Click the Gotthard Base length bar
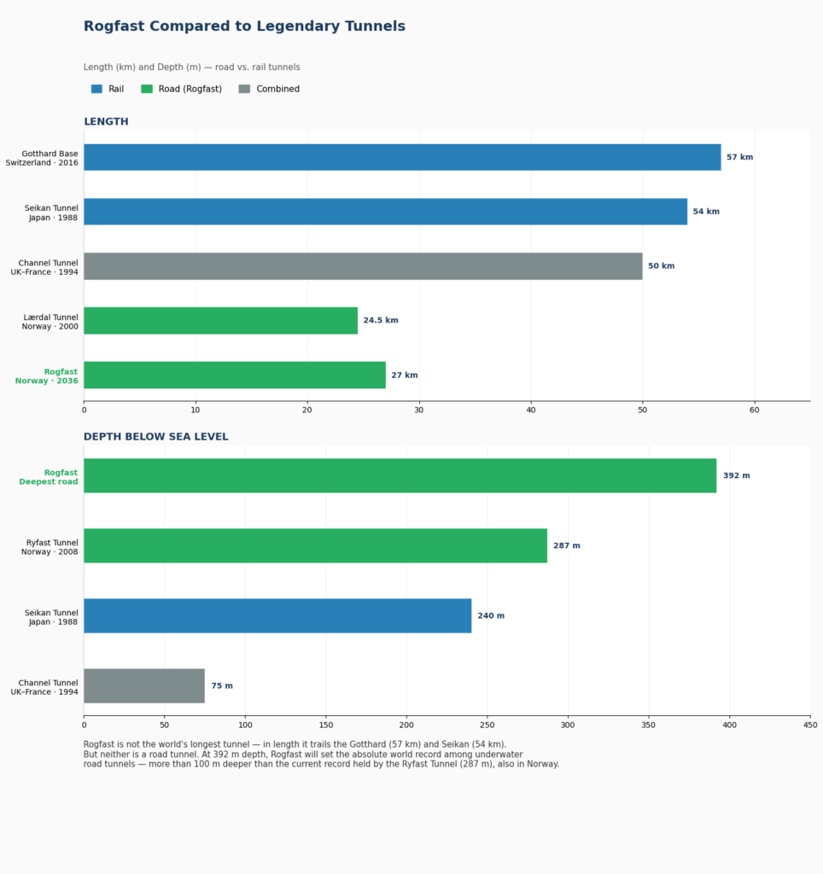point(402,157)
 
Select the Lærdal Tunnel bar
point(221,321)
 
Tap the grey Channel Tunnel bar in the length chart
point(363,266)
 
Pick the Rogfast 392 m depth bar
point(400,475)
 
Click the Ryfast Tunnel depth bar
point(316,545)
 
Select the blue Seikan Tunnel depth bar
point(277,616)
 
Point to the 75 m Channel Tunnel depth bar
point(144,685)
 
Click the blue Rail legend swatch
point(96,89)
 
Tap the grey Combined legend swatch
point(244,89)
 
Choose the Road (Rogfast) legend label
point(190,89)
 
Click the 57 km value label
point(740,157)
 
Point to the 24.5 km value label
point(381,321)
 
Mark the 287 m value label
point(567,545)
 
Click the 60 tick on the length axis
point(755,411)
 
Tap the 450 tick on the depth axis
point(810,725)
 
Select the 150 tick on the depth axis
point(326,725)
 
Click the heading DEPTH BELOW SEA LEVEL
point(156,437)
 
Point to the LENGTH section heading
point(106,121)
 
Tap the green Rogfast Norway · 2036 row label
point(47,376)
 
